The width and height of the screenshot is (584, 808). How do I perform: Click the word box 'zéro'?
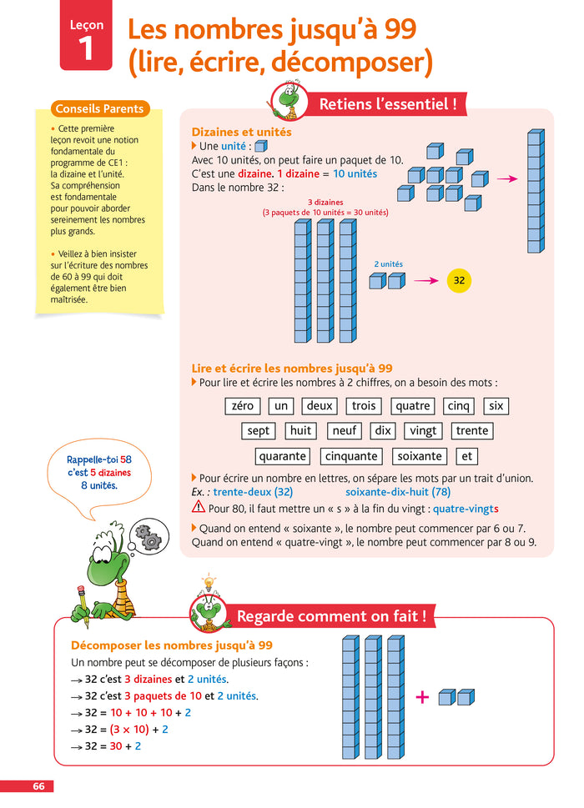click(243, 406)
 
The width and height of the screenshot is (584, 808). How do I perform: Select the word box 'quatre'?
click(413, 406)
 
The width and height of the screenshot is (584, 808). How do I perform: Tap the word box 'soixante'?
click(420, 456)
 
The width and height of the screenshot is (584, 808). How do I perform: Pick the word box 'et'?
click(467, 456)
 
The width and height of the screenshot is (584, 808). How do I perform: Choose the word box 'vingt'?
click(423, 431)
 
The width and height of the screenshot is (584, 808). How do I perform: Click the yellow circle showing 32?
click(459, 281)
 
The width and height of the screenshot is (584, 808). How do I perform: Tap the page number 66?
click(38, 786)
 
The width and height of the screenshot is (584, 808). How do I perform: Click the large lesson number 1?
click(86, 48)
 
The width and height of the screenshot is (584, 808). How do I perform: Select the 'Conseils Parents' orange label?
click(99, 109)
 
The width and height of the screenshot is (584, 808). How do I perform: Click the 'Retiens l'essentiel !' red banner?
click(388, 104)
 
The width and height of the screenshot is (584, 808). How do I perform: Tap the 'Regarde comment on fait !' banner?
click(331, 617)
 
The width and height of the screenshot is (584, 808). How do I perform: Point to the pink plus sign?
click(422, 697)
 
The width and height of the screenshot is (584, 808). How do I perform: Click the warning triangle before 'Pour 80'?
click(199, 507)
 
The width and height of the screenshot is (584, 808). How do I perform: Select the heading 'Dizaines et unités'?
click(241, 133)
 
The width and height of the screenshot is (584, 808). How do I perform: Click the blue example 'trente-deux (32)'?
click(253, 492)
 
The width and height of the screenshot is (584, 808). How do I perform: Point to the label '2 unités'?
click(388, 264)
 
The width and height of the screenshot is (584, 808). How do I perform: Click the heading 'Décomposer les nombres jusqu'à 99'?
click(172, 645)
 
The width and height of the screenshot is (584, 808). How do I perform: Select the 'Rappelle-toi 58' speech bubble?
click(99, 473)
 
